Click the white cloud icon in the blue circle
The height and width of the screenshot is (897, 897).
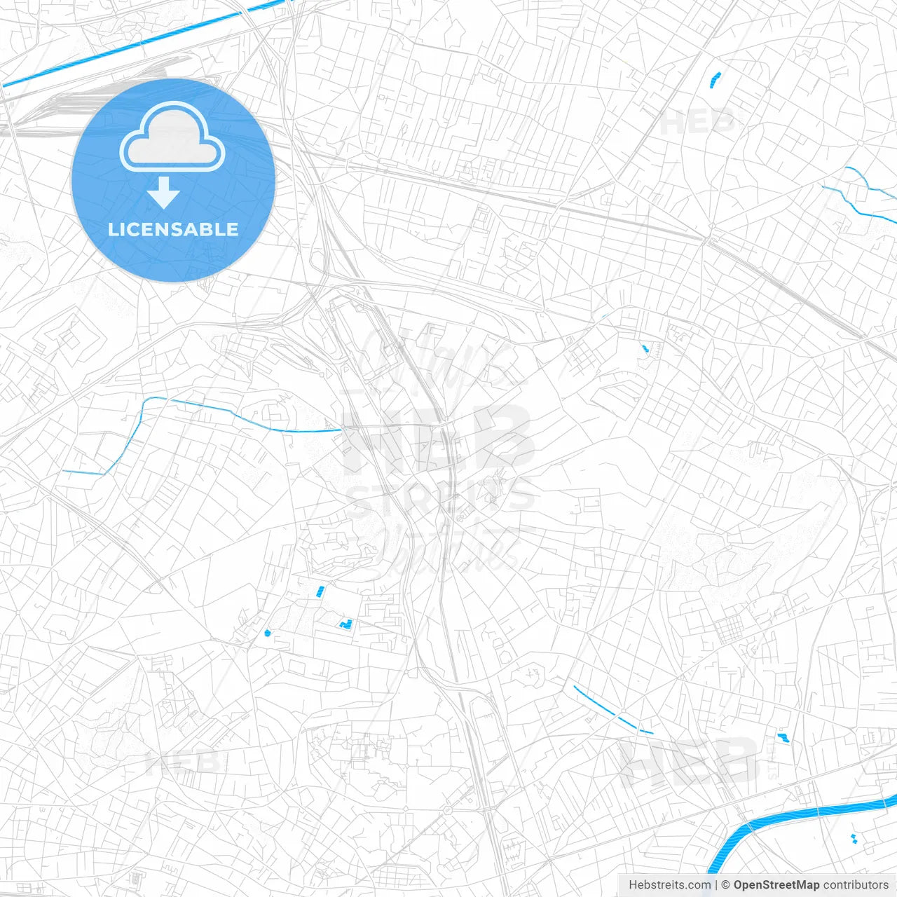(x=172, y=137)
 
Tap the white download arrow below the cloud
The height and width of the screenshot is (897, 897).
(x=164, y=193)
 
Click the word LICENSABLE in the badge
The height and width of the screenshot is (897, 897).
(x=173, y=229)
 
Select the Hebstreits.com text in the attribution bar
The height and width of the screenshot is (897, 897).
(x=669, y=885)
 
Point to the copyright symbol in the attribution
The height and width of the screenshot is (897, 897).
(x=725, y=885)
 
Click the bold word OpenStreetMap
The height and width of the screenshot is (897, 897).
(x=776, y=885)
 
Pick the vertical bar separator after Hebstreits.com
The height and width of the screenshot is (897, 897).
(x=716, y=885)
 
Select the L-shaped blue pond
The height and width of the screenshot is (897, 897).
(x=345, y=623)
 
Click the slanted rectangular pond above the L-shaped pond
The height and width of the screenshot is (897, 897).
(x=320, y=591)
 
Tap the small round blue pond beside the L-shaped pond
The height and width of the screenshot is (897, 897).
(x=267, y=633)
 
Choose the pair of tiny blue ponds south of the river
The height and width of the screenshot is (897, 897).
(x=854, y=838)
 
